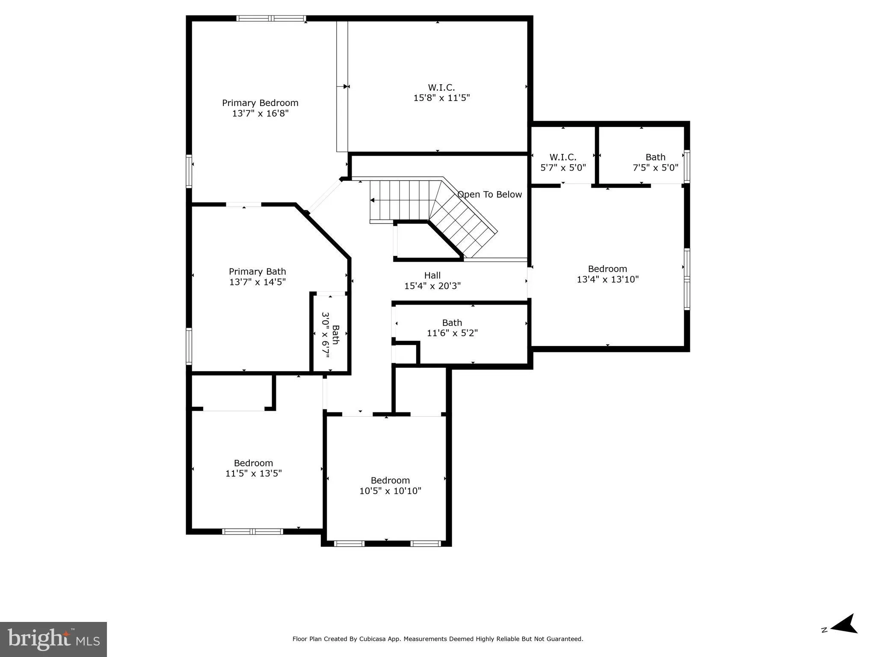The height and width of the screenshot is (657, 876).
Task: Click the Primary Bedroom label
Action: (260, 103)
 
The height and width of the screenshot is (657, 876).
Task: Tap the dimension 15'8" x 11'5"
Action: (441, 98)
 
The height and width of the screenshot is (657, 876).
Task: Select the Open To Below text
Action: (489, 195)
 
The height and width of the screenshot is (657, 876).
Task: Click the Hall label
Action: (432, 275)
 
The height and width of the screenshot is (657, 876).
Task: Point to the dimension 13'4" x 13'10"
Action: (607, 279)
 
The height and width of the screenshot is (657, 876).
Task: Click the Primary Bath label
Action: (257, 272)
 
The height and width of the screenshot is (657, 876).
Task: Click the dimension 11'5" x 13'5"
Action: (253, 474)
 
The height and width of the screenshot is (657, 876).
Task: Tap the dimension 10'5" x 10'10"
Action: (390, 491)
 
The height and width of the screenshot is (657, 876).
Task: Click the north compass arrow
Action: (843, 636)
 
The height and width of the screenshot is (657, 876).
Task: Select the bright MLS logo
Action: (53, 639)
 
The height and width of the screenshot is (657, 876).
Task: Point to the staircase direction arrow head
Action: (372, 200)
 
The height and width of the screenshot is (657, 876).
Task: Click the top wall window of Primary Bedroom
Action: (271, 18)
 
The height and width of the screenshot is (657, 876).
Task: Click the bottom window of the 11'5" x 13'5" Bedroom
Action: (252, 532)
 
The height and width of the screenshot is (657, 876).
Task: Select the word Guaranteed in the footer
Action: (565, 639)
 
